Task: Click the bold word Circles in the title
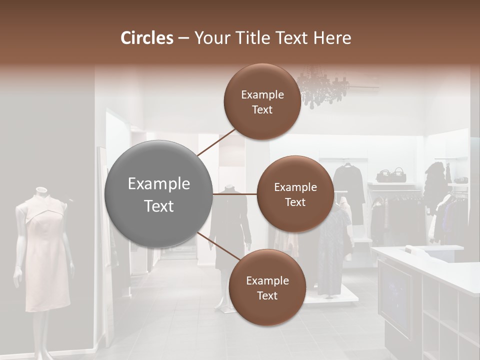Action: click(x=146, y=38)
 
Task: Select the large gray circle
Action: click(x=158, y=194)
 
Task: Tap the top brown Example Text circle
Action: click(x=262, y=101)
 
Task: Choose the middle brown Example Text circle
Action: click(x=295, y=194)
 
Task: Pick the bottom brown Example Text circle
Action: click(x=267, y=287)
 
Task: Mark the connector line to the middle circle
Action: click(x=235, y=193)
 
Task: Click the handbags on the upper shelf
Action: click(x=391, y=175)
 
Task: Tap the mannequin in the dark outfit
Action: click(x=229, y=225)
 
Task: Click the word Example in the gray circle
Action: click(x=158, y=184)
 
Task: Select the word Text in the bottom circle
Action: click(x=267, y=295)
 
